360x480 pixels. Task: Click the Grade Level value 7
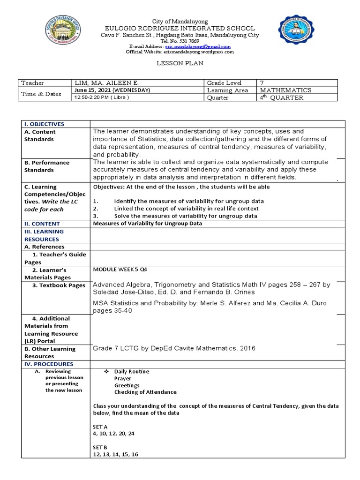(x=262, y=83)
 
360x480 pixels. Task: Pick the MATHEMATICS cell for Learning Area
(x=285, y=90)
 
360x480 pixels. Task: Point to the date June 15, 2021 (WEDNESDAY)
(x=112, y=90)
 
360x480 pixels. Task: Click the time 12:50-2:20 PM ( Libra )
(x=102, y=97)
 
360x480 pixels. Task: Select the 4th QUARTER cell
(x=282, y=97)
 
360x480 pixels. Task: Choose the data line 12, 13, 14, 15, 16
(x=115, y=454)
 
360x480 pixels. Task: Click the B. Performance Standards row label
(x=47, y=166)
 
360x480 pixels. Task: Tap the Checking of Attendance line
(x=145, y=392)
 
